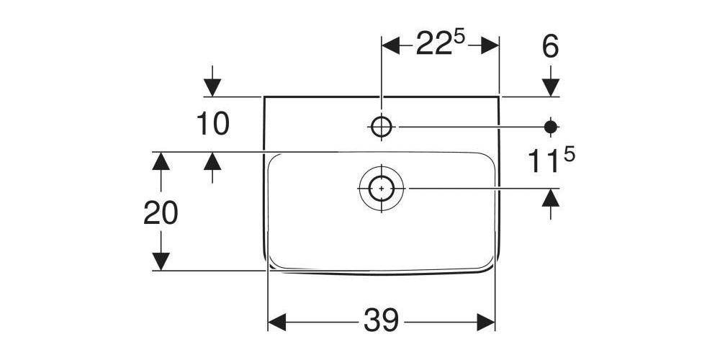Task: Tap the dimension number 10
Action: tap(213, 124)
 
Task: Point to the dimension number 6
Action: tap(550, 48)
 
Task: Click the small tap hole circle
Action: tap(381, 127)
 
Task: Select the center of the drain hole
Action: tap(381, 188)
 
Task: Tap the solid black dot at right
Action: tap(551, 127)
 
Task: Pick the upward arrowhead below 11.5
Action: tap(551, 197)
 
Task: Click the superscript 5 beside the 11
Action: tap(569, 155)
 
